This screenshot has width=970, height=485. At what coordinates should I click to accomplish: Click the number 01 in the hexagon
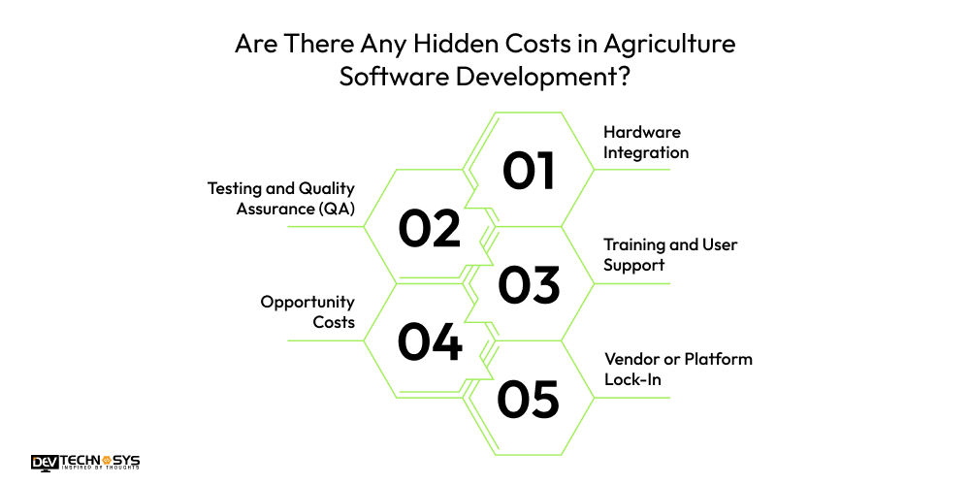click(x=529, y=171)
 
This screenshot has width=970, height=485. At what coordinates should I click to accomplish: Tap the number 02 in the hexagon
click(x=429, y=228)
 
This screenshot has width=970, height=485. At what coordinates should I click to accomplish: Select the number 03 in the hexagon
click(x=529, y=284)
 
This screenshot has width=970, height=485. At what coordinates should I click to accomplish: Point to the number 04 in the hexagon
click(x=429, y=341)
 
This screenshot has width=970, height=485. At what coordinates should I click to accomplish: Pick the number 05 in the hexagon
click(x=529, y=398)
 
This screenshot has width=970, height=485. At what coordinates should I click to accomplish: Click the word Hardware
click(x=640, y=132)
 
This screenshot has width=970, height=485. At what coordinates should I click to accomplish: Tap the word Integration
click(x=646, y=152)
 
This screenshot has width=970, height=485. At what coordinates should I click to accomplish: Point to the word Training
click(x=635, y=244)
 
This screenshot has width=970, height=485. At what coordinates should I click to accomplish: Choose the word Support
click(x=634, y=264)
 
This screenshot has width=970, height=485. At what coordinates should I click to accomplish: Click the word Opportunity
click(x=307, y=302)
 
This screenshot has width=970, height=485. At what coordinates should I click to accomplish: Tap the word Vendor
click(x=631, y=359)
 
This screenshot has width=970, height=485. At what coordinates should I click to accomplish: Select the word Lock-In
click(x=632, y=379)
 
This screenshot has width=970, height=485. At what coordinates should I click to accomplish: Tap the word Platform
click(x=719, y=359)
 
